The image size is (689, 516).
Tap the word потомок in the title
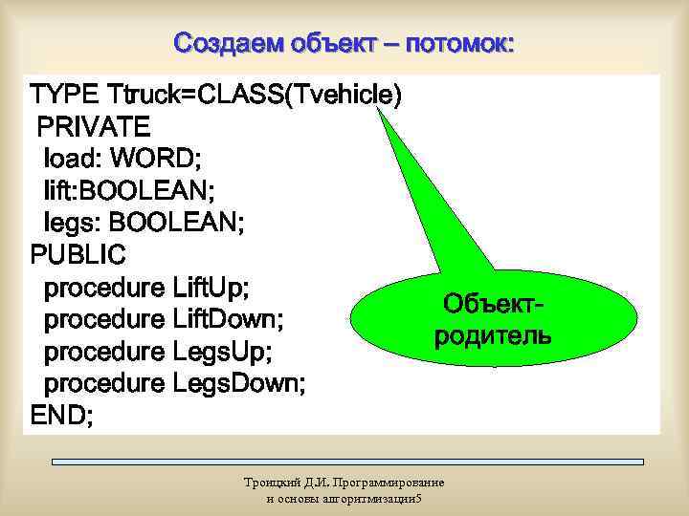coord(459,43)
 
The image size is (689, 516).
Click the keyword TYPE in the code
coord(64,96)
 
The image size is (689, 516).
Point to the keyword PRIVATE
coord(93,126)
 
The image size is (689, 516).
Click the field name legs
coord(72,223)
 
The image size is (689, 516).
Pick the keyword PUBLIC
coord(78,255)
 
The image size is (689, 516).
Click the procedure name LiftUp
coord(211,287)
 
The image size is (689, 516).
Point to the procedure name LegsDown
coord(238,384)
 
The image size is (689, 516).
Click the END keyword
coord(61,417)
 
